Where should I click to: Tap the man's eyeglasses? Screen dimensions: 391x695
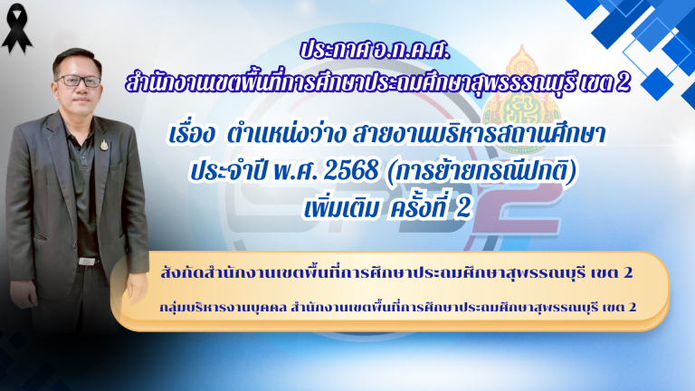tap(78, 81)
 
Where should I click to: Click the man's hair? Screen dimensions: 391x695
tap(76, 56)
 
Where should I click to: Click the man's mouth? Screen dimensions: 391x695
tap(79, 102)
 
